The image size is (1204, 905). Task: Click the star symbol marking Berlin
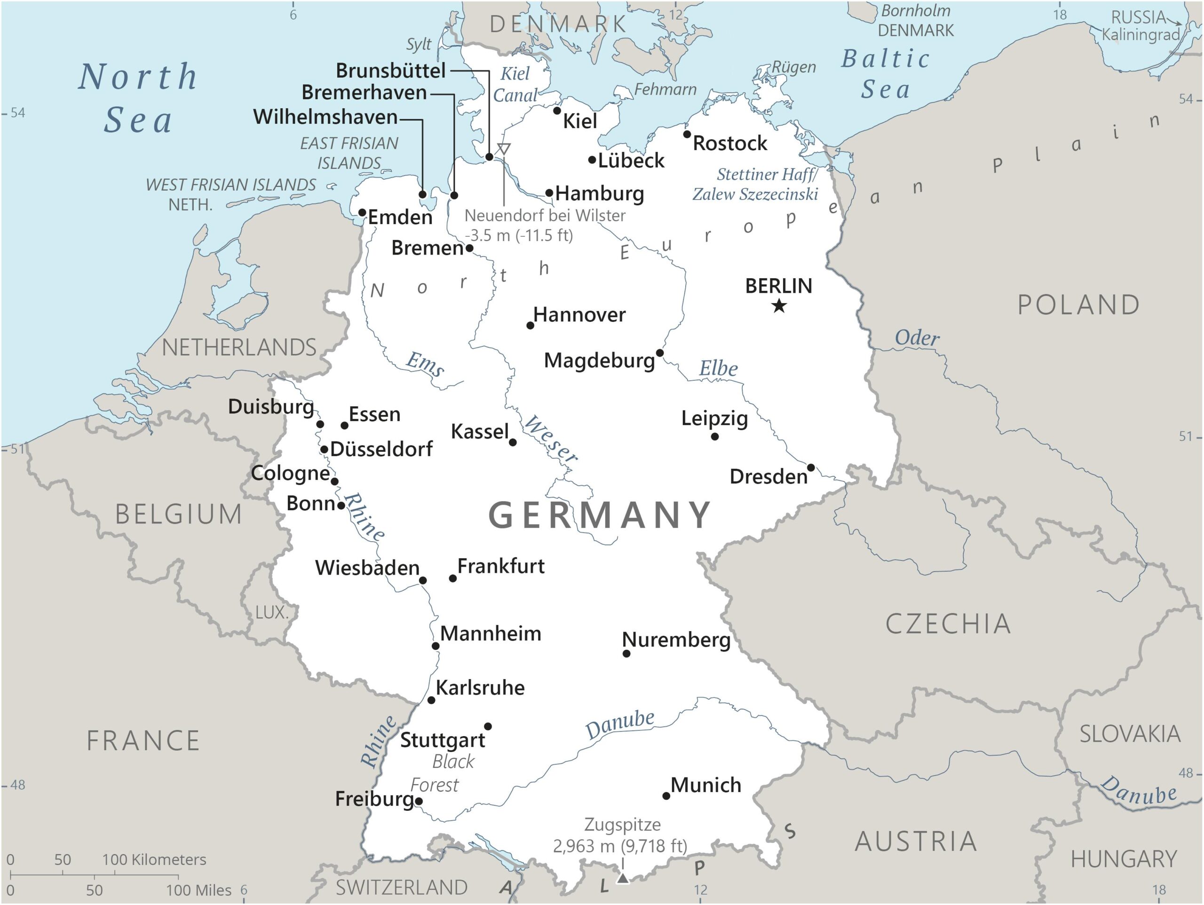point(779,305)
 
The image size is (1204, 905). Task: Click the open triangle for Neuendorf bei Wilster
point(504,148)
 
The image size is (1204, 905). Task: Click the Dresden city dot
point(810,468)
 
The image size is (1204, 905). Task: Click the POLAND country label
point(1078,305)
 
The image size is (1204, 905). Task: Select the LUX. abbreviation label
point(271,612)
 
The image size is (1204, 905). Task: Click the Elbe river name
point(719,368)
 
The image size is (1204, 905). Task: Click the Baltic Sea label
point(886,73)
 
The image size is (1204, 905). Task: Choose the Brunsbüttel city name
point(391,70)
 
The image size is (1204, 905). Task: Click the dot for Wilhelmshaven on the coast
point(422,194)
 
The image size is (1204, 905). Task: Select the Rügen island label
point(793,67)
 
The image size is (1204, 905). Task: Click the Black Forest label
point(446,773)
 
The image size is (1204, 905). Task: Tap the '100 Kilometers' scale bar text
point(154,860)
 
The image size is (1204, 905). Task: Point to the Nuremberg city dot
point(626,653)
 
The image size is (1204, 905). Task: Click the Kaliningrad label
point(1141,35)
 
